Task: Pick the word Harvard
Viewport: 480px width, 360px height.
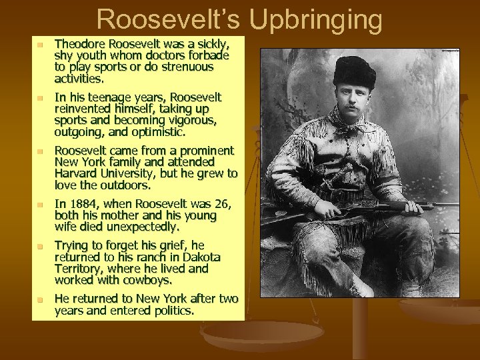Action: pyautogui.click(x=75, y=173)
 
